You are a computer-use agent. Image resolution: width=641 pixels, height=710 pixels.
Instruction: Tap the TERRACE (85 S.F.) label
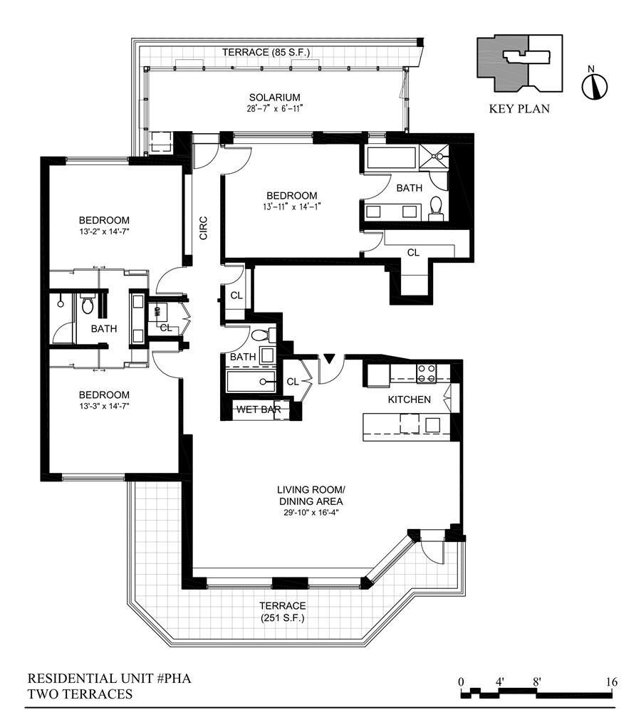tap(266, 53)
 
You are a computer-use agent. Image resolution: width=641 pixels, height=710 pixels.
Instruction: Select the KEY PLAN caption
tap(519, 109)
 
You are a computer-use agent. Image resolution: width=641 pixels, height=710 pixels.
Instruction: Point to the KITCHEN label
tap(409, 400)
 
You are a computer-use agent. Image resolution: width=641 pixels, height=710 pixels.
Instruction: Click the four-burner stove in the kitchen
tap(427, 373)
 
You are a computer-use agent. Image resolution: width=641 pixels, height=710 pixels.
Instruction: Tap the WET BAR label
tap(259, 409)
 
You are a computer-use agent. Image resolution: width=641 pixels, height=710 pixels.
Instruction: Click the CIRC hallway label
tap(204, 228)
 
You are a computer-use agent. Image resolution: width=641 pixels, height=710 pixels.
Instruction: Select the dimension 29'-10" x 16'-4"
tap(311, 513)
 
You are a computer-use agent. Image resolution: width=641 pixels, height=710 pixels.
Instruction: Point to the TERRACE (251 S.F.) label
tap(283, 612)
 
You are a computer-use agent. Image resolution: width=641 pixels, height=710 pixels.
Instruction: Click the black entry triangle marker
tap(329, 359)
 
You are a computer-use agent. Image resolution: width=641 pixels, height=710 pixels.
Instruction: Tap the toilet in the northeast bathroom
tap(436, 207)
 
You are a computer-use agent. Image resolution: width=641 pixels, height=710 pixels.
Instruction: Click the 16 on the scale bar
tap(612, 682)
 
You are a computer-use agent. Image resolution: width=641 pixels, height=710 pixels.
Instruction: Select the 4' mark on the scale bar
tap(500, 682)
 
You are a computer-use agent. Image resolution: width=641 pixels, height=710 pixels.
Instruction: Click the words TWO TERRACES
tap(80, 694)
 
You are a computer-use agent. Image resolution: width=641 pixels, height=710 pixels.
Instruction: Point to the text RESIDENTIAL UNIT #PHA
tap(109, 678)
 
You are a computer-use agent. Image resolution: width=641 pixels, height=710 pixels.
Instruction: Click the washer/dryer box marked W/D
tap(157, 312)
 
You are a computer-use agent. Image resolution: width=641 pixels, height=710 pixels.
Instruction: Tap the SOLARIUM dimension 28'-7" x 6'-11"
tap(274, 109)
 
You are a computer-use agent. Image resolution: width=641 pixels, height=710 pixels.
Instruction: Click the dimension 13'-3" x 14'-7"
tap(104, 406)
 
